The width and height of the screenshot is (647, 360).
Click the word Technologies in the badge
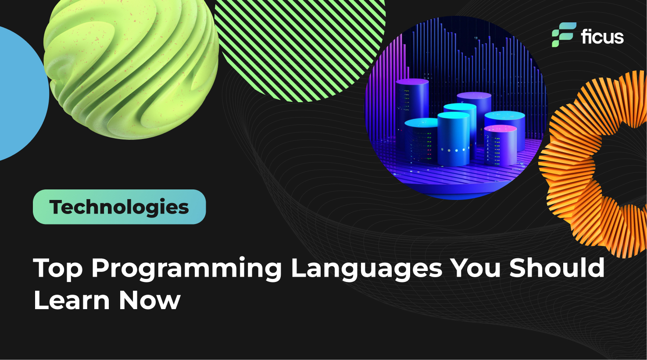119,207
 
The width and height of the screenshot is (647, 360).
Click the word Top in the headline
58,268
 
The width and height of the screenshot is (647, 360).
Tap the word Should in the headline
557,268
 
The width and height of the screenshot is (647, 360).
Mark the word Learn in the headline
71,300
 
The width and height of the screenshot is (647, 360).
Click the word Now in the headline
149,300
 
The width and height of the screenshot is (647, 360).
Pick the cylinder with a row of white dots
454,138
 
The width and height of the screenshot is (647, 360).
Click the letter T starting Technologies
55,207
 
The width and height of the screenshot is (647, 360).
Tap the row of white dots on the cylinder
454,150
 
